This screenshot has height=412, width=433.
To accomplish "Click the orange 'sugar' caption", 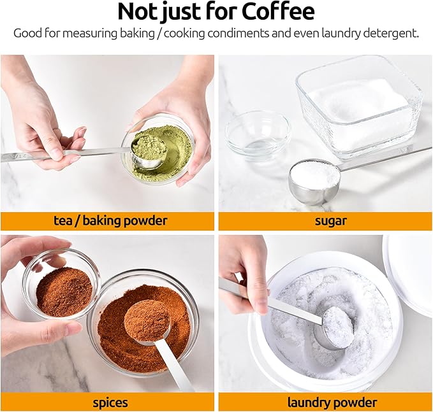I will [325, 221].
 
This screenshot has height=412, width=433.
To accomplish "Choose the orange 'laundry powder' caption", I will [325, 402].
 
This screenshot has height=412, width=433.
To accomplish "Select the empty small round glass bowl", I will [258, 134].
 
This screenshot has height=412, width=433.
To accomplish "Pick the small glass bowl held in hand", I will [61, 289].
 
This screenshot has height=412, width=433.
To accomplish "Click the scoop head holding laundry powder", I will [337, 327].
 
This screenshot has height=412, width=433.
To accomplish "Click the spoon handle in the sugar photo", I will [383, 157].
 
